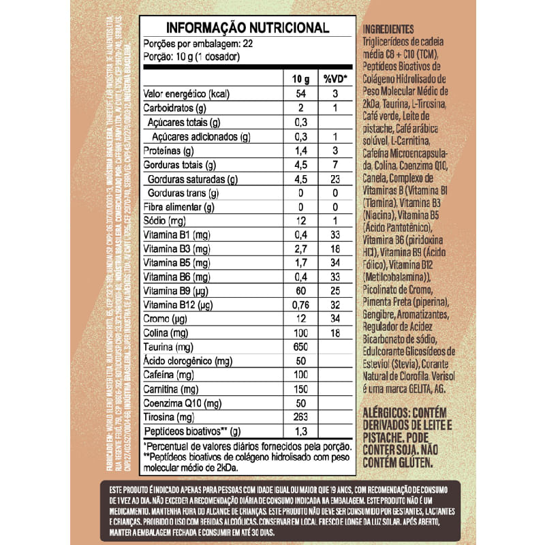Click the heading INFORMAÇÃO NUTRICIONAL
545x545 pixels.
click(247, 28)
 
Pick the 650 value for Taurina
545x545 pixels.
click(301, 346)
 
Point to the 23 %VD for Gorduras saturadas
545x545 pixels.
click(334, 179)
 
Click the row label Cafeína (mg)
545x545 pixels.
click(167, 375)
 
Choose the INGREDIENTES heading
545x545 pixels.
click(389, 29)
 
